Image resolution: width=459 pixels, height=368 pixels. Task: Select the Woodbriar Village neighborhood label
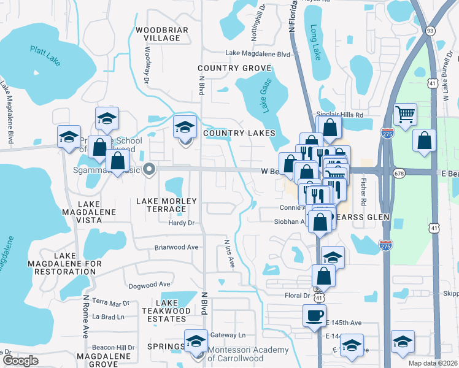click(158, 34)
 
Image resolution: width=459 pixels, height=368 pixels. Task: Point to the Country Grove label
click(226, 67)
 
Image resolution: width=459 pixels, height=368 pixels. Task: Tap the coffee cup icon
click(315, 316)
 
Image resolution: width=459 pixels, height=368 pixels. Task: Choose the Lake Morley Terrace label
click(166, 205)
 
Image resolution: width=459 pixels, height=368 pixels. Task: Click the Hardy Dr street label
click(181, 223)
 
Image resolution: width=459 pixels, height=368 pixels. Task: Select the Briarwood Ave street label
click(177, 247)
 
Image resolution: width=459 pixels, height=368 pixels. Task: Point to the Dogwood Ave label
click(149, 285)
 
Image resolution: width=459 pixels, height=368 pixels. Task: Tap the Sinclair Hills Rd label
click(339, 115)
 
